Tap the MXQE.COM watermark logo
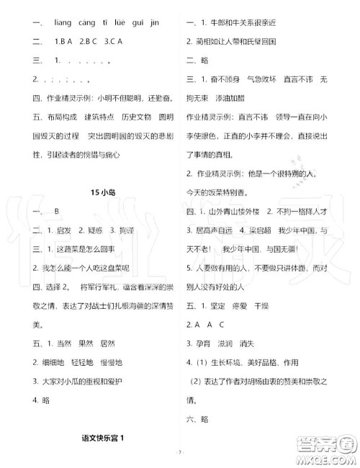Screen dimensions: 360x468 [324, 443]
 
